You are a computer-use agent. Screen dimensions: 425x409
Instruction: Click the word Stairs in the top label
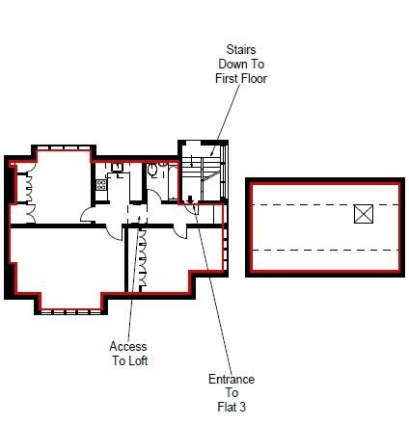[x=241, y=48]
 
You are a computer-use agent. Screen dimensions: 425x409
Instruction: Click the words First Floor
[x=241, y=78]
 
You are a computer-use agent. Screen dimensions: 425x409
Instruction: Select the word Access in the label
[x=128, y=347]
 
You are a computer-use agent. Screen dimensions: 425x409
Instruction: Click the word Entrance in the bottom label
[x=232, y=379]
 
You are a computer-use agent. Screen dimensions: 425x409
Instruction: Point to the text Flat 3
[x=232, y=407]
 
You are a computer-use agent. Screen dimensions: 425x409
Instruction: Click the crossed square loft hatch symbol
[x=363, y=214]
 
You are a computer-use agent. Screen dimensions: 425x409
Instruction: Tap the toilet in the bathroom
[x=153, y=172]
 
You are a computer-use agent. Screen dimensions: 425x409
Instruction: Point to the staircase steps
[x=204, y=164]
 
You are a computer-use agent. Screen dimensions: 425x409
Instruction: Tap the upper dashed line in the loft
[x=323, y=205]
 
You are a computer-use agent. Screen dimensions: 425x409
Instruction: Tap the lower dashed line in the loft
[x=323, y=250]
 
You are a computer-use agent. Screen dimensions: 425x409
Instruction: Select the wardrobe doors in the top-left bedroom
[x=30, y=192]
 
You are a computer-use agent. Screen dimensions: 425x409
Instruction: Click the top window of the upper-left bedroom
[x=63, y=148]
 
